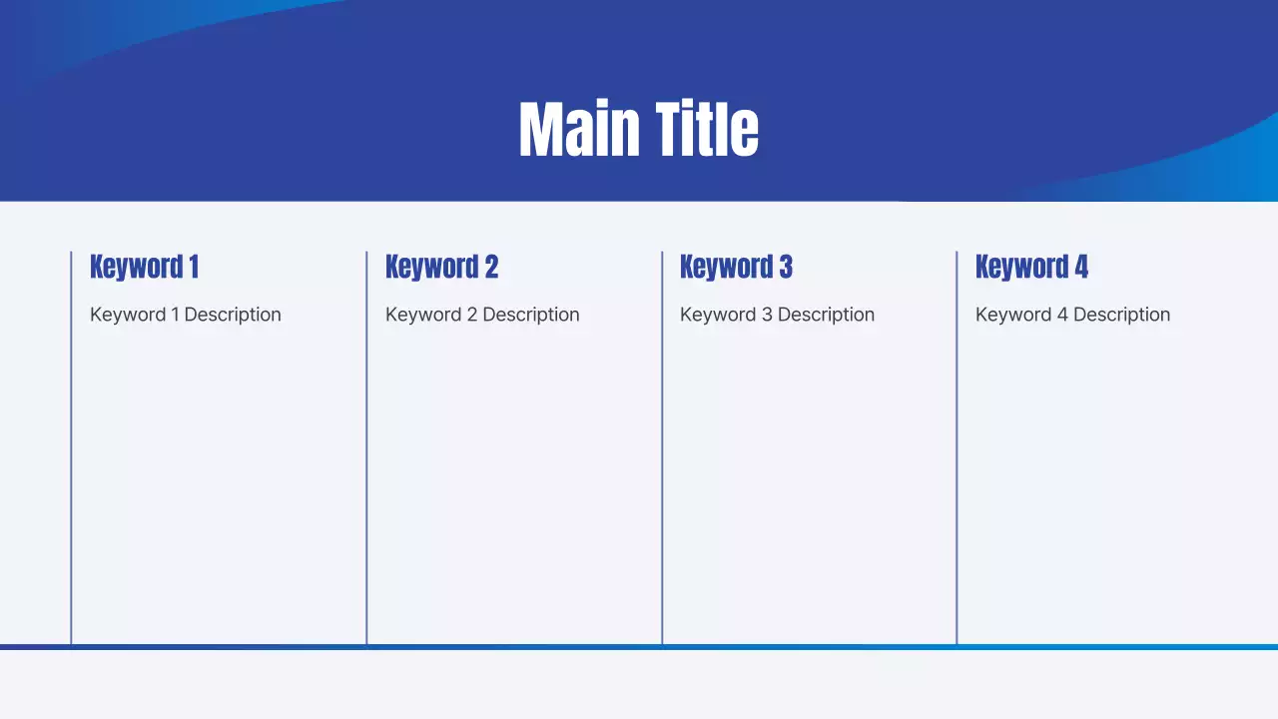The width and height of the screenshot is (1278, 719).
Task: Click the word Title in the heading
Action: (x=707, y=130)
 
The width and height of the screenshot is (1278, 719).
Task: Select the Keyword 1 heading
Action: (x=144, y=267)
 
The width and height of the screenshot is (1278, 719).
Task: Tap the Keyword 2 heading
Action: (x=441, y=267)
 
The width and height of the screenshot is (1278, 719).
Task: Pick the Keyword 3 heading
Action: (x=736, y=267)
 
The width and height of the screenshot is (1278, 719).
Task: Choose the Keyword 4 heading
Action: (x=1031, y=267)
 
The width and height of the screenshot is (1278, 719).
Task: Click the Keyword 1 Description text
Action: (x=186, y=315)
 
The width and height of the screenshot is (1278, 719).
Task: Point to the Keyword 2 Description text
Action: (x=482, y=315)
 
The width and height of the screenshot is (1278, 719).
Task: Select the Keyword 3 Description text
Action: (x=777, y=315)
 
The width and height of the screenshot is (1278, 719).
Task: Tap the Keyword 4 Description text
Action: (x=1072, y=315)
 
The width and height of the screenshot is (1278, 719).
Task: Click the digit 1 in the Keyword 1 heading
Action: (x=194, y=267)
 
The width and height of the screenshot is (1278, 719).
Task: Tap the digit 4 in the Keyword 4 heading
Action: (x=1081, y=267)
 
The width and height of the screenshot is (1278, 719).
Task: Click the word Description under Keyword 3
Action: (x=826, y=315)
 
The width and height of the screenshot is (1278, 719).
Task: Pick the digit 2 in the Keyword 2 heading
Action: (x=491, y=267)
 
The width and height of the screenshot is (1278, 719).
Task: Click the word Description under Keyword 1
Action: (x=233, y=315)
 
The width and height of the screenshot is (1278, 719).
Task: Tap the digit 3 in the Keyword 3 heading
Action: (x=786, y=267)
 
